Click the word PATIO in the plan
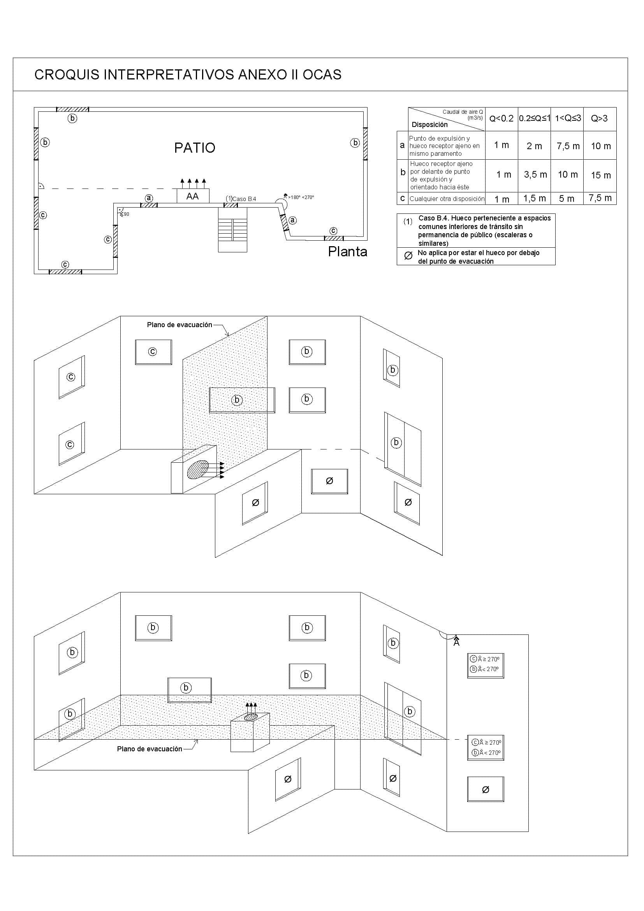(x=195, y=148)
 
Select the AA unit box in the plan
(x=193, y=196)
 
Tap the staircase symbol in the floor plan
(x=233, y=229)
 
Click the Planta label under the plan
(x=347, y=252)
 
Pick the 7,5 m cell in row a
(x=568, y=146)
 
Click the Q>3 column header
(x=599, y=118)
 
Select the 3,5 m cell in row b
(x=535, y=174)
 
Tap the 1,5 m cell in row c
(x=535, y=198)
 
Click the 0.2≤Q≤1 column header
(x=535, y=118)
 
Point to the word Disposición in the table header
(x=429, y=125)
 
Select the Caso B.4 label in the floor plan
(x=244, y=199)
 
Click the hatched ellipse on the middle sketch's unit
(x=198, y=470)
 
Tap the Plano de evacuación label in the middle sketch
(x=179, y=324)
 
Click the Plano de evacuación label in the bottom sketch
(x=150, y=749)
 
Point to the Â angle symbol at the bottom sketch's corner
(x=456, y=641)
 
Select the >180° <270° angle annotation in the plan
(x=301, y=197)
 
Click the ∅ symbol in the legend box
(x=408, y=256)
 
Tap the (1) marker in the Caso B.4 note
(x=408, y=221)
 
